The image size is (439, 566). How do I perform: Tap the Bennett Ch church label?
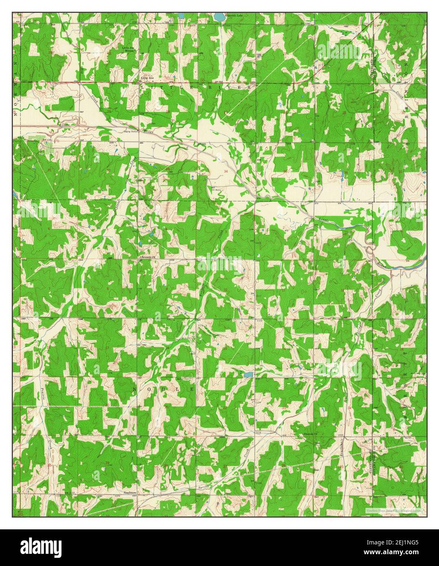[x=148, y=257]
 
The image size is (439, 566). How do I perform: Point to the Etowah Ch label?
[x=312, y=434]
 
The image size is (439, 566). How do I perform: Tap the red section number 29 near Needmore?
[x=108, y=463]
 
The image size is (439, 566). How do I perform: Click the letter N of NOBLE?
[x=134, y=390]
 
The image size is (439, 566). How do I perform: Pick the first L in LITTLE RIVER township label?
[x=142, y=87]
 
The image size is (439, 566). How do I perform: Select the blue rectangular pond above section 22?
[x=247, y=373]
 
